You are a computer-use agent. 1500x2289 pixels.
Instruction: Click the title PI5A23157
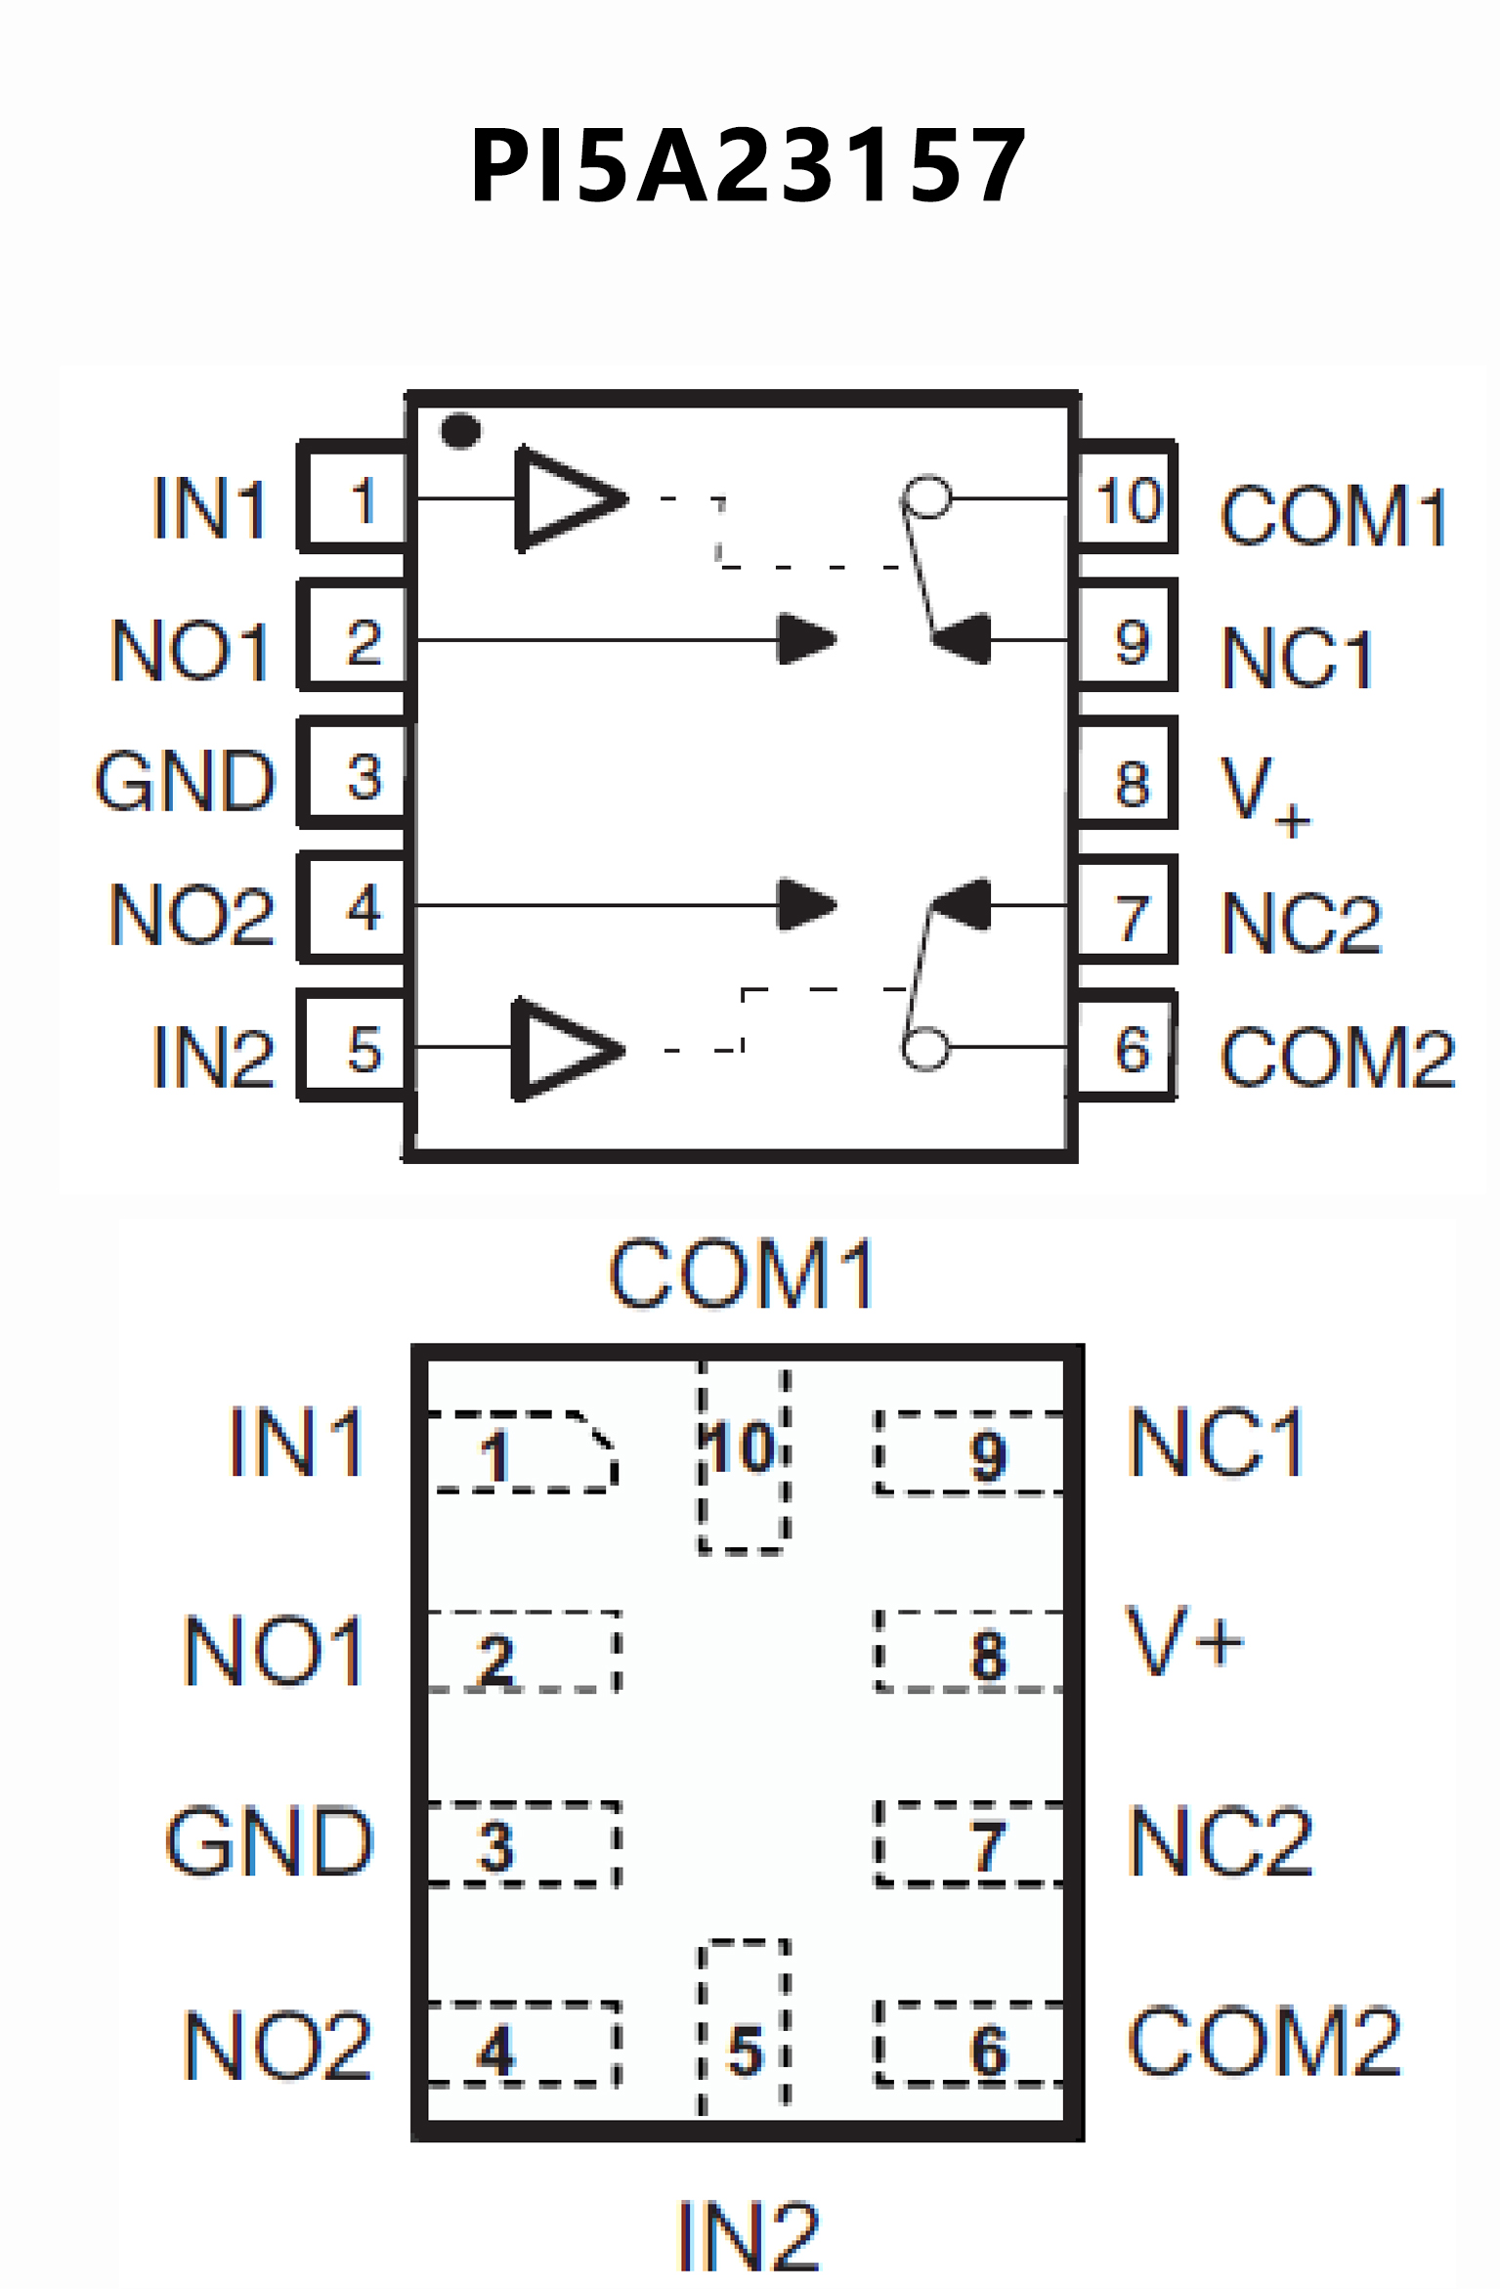point(748,166)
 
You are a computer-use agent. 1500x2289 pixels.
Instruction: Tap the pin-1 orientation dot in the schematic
point(460,430)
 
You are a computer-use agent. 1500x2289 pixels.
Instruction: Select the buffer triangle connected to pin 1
point(567,498)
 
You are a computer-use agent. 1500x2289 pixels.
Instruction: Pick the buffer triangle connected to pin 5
point(564,1049)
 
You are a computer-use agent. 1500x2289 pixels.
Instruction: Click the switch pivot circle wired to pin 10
point(926,497)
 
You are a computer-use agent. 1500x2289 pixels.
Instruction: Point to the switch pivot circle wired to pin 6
point(924,1049)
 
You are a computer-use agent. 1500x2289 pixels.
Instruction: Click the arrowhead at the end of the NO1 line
point(805,639)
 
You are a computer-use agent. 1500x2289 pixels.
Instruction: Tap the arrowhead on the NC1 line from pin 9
point(963,639)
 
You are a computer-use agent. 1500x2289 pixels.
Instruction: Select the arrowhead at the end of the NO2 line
point(805,905)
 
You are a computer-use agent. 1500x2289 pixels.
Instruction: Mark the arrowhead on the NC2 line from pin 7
point(963,904)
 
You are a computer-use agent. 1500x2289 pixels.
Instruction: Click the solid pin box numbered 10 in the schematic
point(1127,498)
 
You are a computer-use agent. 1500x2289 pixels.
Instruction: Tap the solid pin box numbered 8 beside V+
point(1127,775)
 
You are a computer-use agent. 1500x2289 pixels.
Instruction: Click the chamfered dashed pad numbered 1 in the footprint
point(523,1452)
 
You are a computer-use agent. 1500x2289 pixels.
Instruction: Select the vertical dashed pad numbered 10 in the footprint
point(744,1456)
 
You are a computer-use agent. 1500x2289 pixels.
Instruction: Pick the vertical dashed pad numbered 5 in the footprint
point(745,2028)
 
